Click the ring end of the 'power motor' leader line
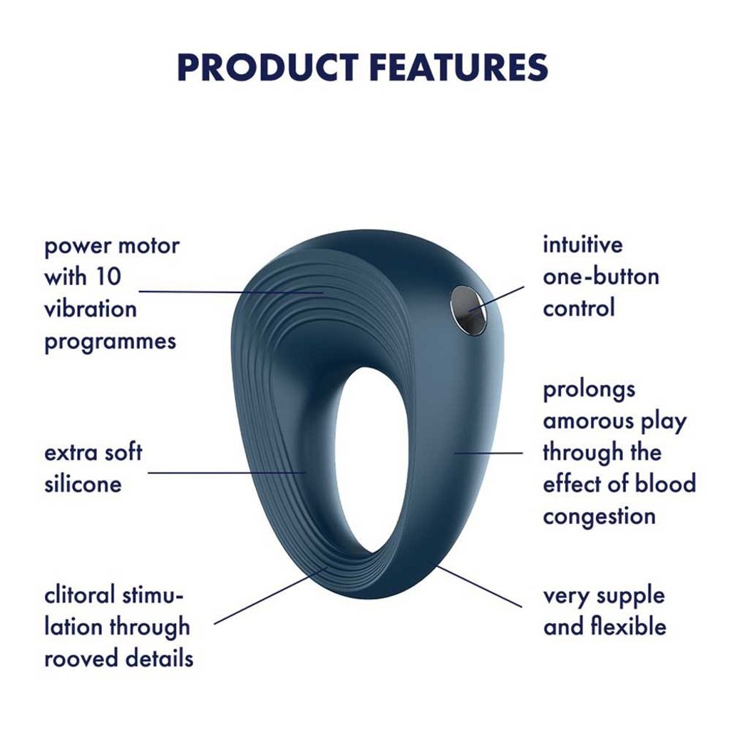pos(323,293)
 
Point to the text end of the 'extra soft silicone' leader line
pos(148,473)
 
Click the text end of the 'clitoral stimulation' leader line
pos(215,624)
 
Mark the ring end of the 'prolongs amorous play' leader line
pos(456,453)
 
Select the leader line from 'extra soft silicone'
pos(227,473)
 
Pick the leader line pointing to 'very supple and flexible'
pos(479,586)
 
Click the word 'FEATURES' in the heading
pos(459,68)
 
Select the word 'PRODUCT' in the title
pos(267,68)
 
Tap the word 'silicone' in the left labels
pos(83,484)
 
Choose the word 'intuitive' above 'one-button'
pos(582,245)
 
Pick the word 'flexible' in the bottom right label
pos(629,626)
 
